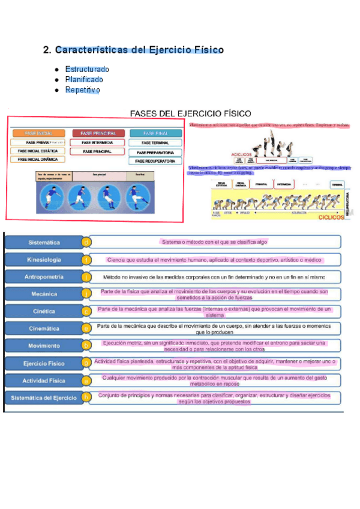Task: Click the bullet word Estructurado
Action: tap(87, 69)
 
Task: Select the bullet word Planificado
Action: tap(84, 79)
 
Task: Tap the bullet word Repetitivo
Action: tap(82, 90)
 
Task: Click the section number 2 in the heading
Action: tap(46, 50)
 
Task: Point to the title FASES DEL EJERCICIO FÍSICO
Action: tap(191, 113)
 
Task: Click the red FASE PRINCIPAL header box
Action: tap(98, 133)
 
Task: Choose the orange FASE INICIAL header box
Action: tap(37, 133)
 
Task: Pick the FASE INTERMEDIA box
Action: tap(98, 143)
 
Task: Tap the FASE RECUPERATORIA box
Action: tap(155, 161)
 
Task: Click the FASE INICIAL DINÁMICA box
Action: tap(37, 160)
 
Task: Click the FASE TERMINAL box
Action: tap(155, 143)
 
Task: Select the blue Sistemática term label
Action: tap(44, 242)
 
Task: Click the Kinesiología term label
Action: tap(44, 260)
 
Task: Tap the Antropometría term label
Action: tap(44, 277)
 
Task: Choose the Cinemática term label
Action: tap(44, 328)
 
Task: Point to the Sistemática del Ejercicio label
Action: tap(44, 397)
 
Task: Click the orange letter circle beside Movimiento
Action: tap(86, 345)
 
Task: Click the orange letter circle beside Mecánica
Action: tap(86, 294)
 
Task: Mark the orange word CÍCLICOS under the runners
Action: tap(331, 218)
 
